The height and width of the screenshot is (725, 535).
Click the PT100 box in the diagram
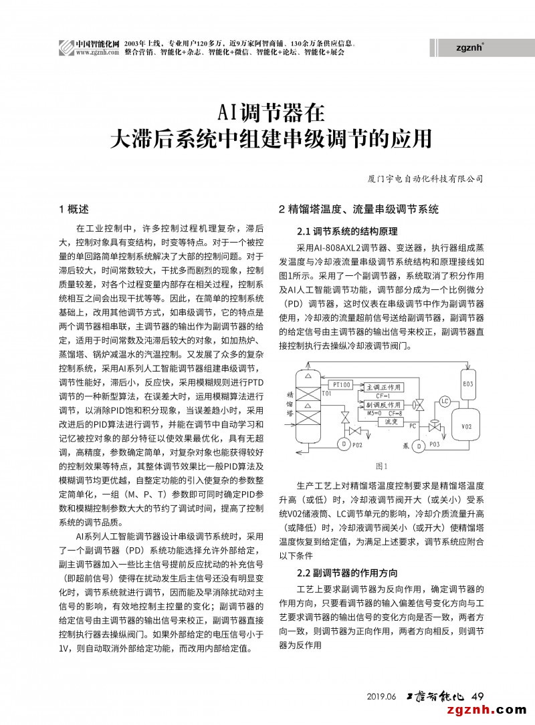tap(341, 386)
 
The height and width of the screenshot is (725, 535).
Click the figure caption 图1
tap(382, 466)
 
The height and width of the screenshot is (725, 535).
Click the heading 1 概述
tap(74, 209)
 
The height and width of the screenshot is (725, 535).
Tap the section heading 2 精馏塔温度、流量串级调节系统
tap(358, 209)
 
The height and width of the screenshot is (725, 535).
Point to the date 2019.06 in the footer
tap(382, 696)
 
